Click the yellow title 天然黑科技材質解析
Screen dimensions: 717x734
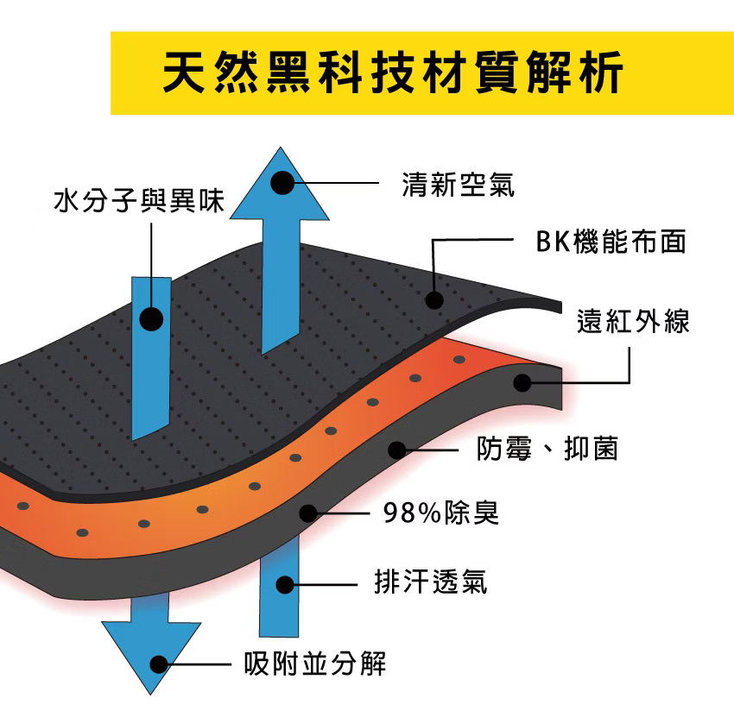click(392, 73)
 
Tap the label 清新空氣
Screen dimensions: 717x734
click(458, 183)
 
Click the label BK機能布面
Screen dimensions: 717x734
click(611, 242)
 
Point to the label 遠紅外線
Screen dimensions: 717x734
click(633, 322)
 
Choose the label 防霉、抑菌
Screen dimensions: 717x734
click(547, 449)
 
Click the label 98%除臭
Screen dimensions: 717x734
click(440, 513)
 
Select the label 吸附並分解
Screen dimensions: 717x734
click(315, 664)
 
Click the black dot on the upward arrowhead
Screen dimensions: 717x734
click(282, 183)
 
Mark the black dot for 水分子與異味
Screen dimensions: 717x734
click(151, 319)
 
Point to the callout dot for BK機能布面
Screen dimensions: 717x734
click(434, 300)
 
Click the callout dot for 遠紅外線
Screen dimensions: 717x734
click(522, 382)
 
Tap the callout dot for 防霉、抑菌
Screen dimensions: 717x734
click(396, 450)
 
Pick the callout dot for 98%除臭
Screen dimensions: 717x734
click(308, 513)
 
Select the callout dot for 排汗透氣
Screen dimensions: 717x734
click(284, 583)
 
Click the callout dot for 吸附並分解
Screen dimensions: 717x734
click(159, 664)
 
